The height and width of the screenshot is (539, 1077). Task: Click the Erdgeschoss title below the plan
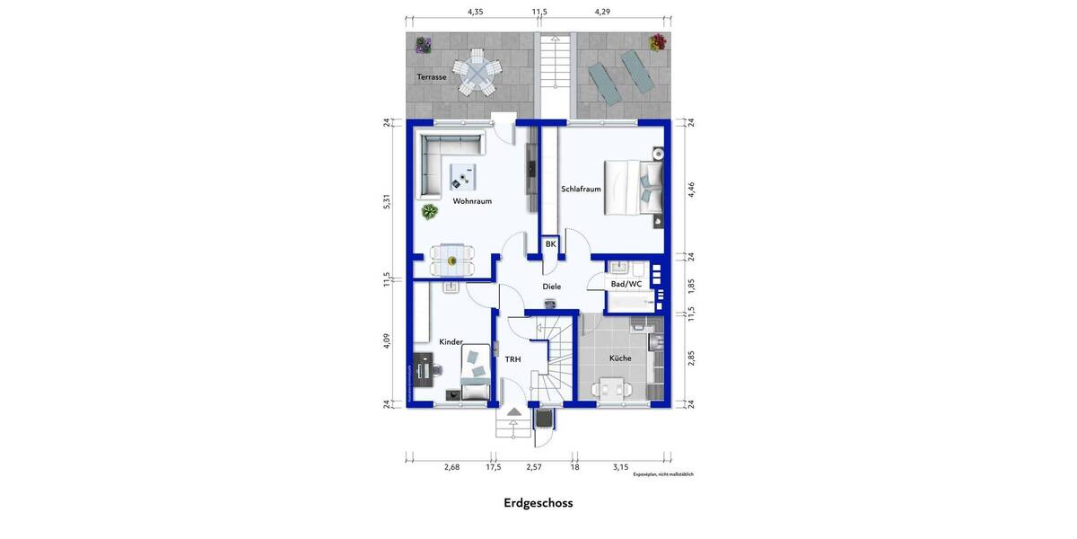[x=538, y=503]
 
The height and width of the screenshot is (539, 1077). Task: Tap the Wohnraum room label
[x=472, y=201]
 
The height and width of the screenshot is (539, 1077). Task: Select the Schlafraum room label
[x=581, y=190]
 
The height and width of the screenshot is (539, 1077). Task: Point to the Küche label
[x=620, y=358]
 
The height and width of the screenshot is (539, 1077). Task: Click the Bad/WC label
[x=626, y=285]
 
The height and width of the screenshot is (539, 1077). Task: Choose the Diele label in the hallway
[x=551, y=287]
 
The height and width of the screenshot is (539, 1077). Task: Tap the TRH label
[x=512, y=359]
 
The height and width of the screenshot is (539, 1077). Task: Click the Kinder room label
[x=451, y=342]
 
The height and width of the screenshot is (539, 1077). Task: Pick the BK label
[x=550, y=244]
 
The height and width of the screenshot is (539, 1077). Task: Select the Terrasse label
[x=431, y=77]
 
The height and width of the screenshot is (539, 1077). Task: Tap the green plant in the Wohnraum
[x=430, y=212]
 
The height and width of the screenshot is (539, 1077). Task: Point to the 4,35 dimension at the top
[x=475, y=12]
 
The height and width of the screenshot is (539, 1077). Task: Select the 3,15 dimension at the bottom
[x=620, y=467]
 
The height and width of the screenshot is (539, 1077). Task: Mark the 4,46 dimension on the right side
[x=690, y=189]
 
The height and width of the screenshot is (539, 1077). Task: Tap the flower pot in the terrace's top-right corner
[x=658, y=42]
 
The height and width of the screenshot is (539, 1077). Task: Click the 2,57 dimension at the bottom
[x=534, y=467]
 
